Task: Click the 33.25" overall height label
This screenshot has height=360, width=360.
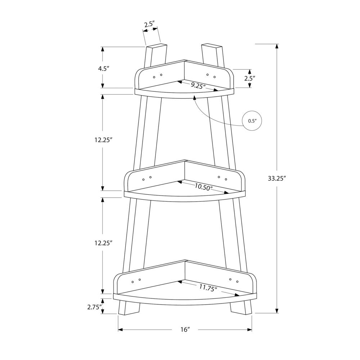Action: (276, 179)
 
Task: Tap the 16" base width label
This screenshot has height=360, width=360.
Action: (185, 330)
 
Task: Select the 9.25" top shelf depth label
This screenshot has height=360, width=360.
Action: (198, 86)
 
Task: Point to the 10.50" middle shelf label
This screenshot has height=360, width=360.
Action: (203, 187)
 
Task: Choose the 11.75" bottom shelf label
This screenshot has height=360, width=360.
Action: (208, 287)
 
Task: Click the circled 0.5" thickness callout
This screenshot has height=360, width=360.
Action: (252, 121)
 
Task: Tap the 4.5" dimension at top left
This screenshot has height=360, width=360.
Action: (102, 69)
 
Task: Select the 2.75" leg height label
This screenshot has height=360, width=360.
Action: (94, 307)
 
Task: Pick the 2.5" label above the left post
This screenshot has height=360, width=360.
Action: (149, 24)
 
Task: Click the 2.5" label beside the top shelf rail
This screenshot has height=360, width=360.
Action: (250, 78)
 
